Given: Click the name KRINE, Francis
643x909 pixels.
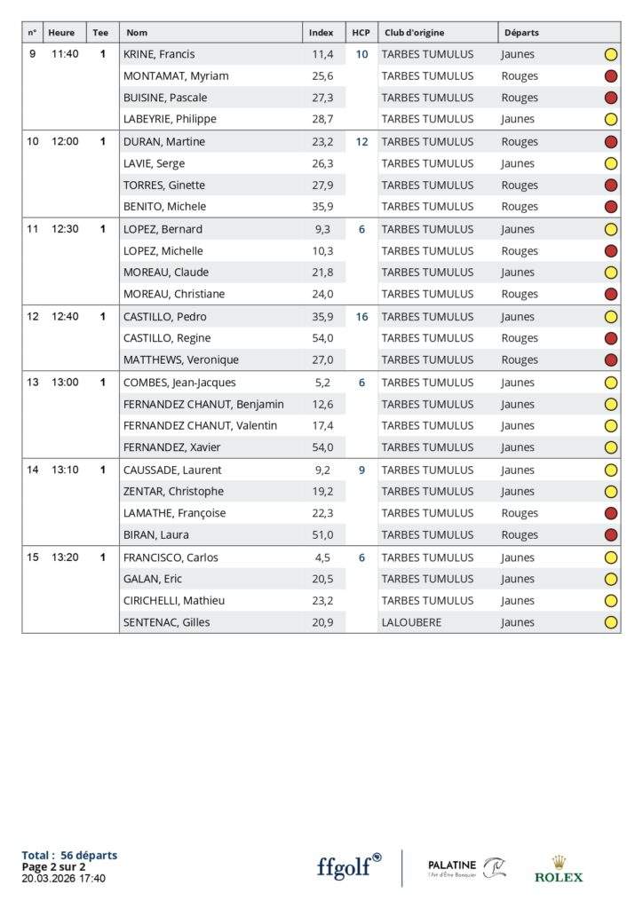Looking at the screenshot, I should coord(159,54).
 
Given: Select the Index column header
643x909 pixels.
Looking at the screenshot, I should coord(321,33).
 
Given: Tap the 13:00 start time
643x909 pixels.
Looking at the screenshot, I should coord(65,383).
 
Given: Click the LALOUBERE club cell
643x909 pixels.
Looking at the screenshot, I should coord(412,622).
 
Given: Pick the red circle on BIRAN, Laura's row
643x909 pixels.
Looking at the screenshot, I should coord(611,534).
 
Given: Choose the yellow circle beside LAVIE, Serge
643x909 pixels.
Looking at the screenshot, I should coord(611,163).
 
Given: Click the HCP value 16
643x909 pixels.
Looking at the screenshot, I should coord(361,317).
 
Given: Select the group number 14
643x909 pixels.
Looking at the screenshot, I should coord(33,470).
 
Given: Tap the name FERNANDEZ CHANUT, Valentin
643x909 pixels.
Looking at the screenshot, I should coord(200,425).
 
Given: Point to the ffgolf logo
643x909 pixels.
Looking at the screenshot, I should coord(349,866).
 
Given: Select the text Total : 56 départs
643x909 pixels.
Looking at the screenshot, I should coord(69,855).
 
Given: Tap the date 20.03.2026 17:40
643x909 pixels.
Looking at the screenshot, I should coord(63,878).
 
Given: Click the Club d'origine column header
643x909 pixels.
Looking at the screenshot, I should coord(414,33).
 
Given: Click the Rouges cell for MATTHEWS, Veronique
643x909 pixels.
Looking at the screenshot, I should coord(520,360).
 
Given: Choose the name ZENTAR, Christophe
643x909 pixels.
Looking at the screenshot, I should coord(173,491).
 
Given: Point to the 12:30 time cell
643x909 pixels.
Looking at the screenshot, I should coord(65,229).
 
